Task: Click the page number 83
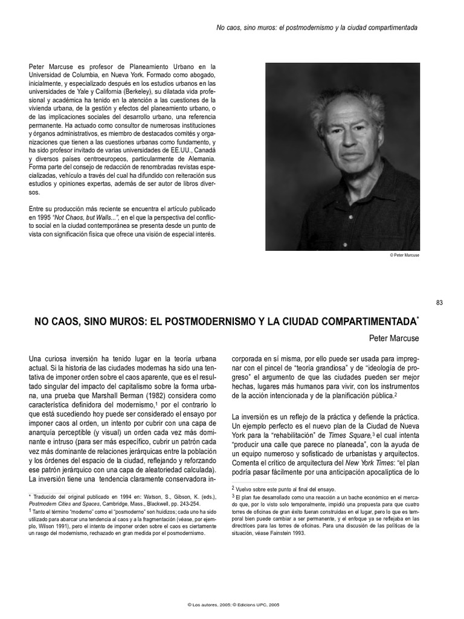439,303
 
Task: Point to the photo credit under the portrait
404,255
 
